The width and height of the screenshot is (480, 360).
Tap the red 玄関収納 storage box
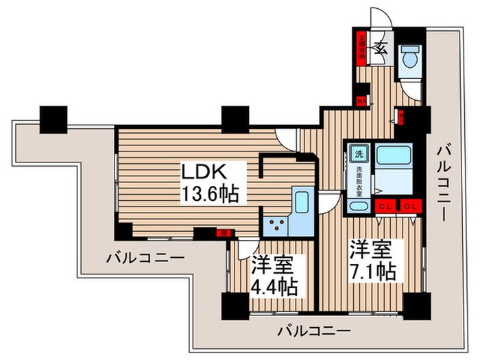pos(359,47)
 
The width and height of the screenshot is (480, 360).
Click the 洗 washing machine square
pos(359,154)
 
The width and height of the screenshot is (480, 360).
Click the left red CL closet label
pos(385,206)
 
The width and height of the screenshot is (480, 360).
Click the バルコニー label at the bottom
pos(314,331)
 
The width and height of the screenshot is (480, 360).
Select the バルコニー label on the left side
pos(145,259)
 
